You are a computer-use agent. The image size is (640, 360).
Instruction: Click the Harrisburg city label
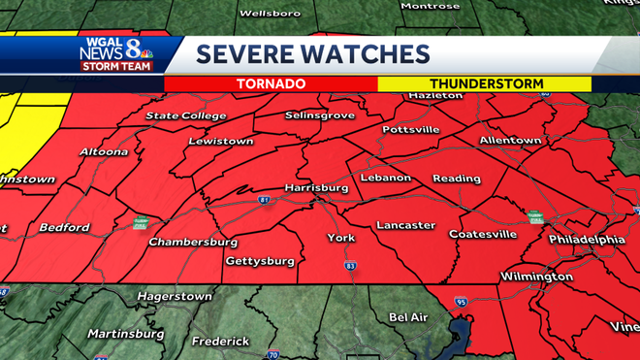(x=316, y=186)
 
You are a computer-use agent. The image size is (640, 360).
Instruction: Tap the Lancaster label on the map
(x=405, y=225)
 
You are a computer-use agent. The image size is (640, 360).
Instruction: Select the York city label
(x=341, y=238)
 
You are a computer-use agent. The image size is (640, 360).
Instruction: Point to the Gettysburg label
(x=260, y=261)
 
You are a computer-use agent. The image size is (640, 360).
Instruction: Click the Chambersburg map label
(x=193, y=242)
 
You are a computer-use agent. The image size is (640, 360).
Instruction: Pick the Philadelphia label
(x=587, y=239)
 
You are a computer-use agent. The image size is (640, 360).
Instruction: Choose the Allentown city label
(x=509, y=141)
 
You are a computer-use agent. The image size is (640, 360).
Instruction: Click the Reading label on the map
(x=457, y=179)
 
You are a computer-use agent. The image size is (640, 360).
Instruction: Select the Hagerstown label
(x=175, y=295)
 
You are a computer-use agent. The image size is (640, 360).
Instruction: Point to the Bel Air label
(x=408, y=317)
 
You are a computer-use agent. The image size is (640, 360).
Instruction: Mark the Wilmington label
(x=536, y=278)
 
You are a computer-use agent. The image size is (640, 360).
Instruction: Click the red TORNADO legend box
(x=271, y=84)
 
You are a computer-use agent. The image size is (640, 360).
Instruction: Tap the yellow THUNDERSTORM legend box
(x=486, y=84)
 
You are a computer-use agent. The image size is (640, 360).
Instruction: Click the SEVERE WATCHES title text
(x=312, y=54)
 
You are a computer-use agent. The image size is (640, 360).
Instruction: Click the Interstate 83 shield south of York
(x=350, y=266)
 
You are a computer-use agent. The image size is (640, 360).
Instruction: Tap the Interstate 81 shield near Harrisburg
(x=265, y=200)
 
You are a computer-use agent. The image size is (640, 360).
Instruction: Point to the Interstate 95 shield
(x=461, y=302)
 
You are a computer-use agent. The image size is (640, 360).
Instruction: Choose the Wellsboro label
(x=267, y=15)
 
